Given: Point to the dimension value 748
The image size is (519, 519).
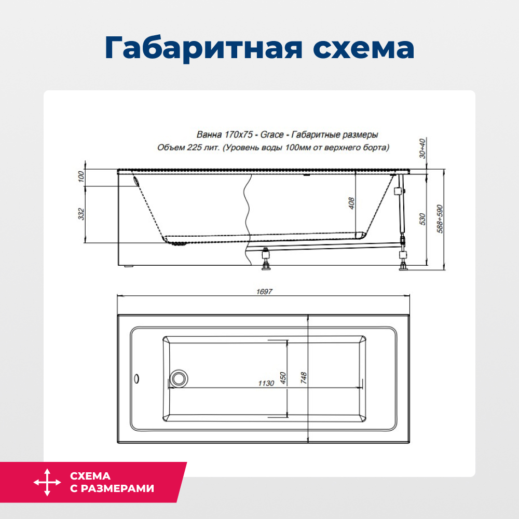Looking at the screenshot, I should pyautogui.click(x=304, y=377).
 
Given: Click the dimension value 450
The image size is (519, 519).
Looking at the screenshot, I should pyautogui.click(x=283, y=377).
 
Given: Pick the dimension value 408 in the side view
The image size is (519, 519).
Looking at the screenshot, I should pyautogui.click(x=351, y=203).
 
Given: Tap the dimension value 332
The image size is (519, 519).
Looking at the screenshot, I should pyautogui.click(x=81, y=214).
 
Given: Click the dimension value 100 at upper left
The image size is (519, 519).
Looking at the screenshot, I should pyautogui.click(x=81, y=177).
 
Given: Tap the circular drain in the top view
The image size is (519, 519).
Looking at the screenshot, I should pyautogui.click(x=180, y=378).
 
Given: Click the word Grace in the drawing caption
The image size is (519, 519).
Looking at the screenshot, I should pyautogui.click(x=271, y=135).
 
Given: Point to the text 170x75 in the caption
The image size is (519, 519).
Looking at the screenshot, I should pyautogui.click(x=238, y=135).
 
